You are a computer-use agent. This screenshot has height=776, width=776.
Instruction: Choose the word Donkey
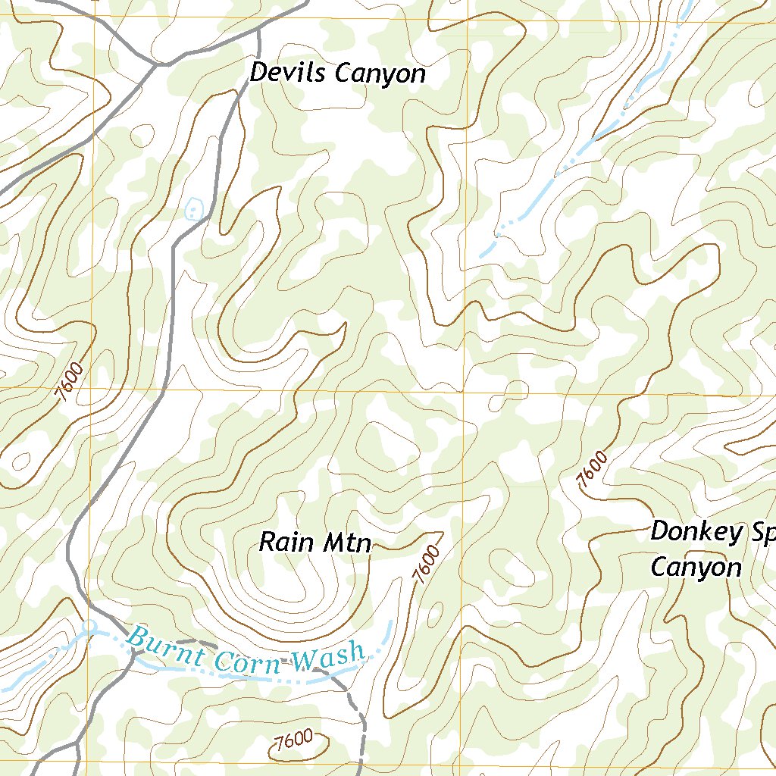[696, 533]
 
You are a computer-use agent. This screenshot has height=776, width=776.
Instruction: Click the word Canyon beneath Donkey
[696, 567]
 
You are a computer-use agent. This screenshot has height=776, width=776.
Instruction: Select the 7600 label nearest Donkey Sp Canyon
[593, 469]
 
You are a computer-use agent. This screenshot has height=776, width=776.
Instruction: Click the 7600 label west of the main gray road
[70, 383]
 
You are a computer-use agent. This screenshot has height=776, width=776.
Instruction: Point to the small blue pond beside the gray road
[195, 208]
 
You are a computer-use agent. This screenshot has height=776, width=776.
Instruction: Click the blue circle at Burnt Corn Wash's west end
[89, 626]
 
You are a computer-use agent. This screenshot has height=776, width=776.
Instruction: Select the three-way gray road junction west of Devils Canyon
[157, 66]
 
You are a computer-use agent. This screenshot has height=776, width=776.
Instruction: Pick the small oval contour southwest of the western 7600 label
[20, 459]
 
